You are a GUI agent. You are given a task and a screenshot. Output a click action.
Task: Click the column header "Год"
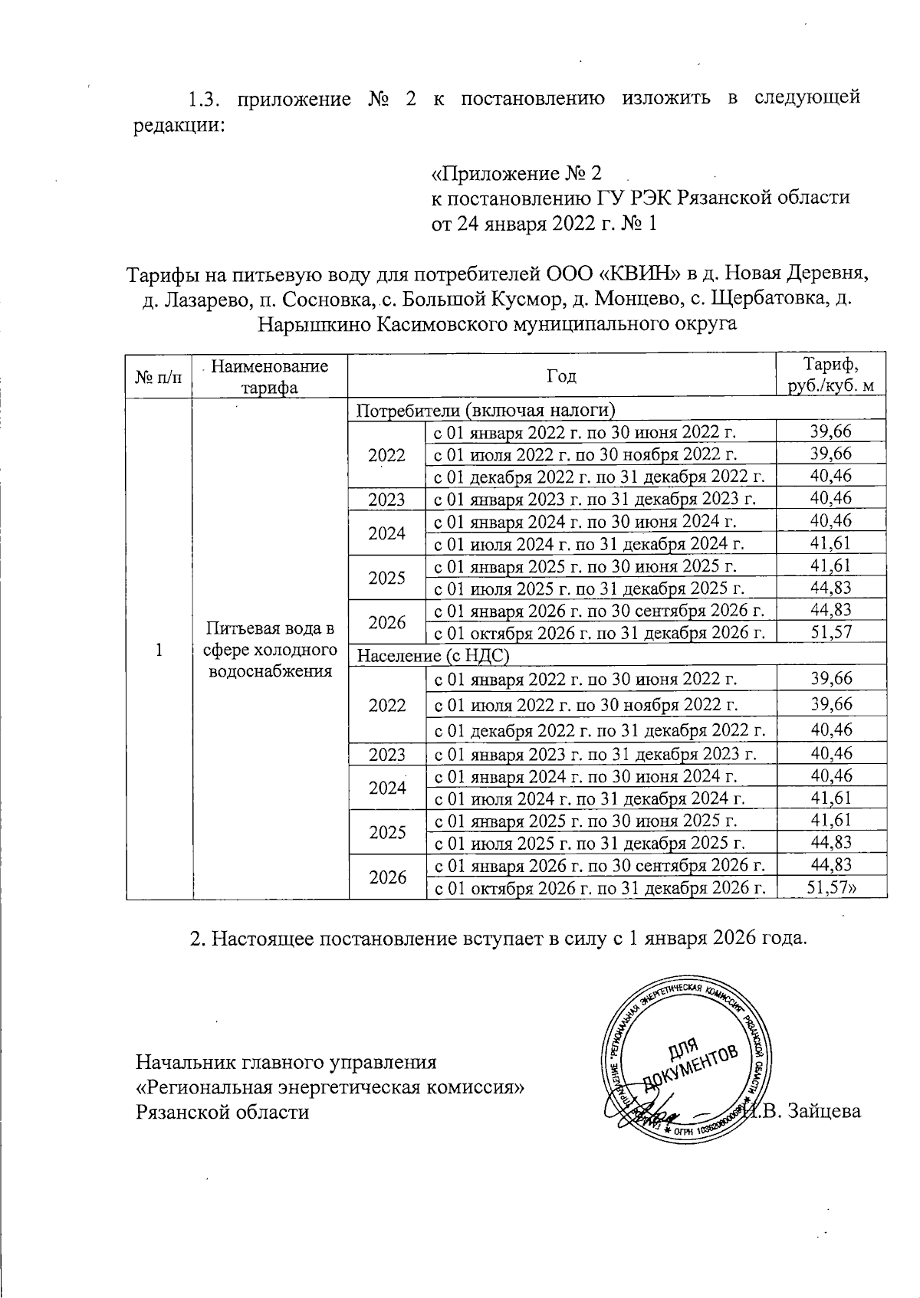(561, 375)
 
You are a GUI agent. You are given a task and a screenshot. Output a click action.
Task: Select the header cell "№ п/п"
(159, 376)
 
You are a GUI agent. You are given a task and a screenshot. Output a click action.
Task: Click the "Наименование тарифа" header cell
(269, 376)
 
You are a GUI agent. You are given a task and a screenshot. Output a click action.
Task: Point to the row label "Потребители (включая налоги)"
(483, 409)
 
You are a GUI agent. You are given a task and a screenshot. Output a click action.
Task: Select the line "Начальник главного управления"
(286, 1063)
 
